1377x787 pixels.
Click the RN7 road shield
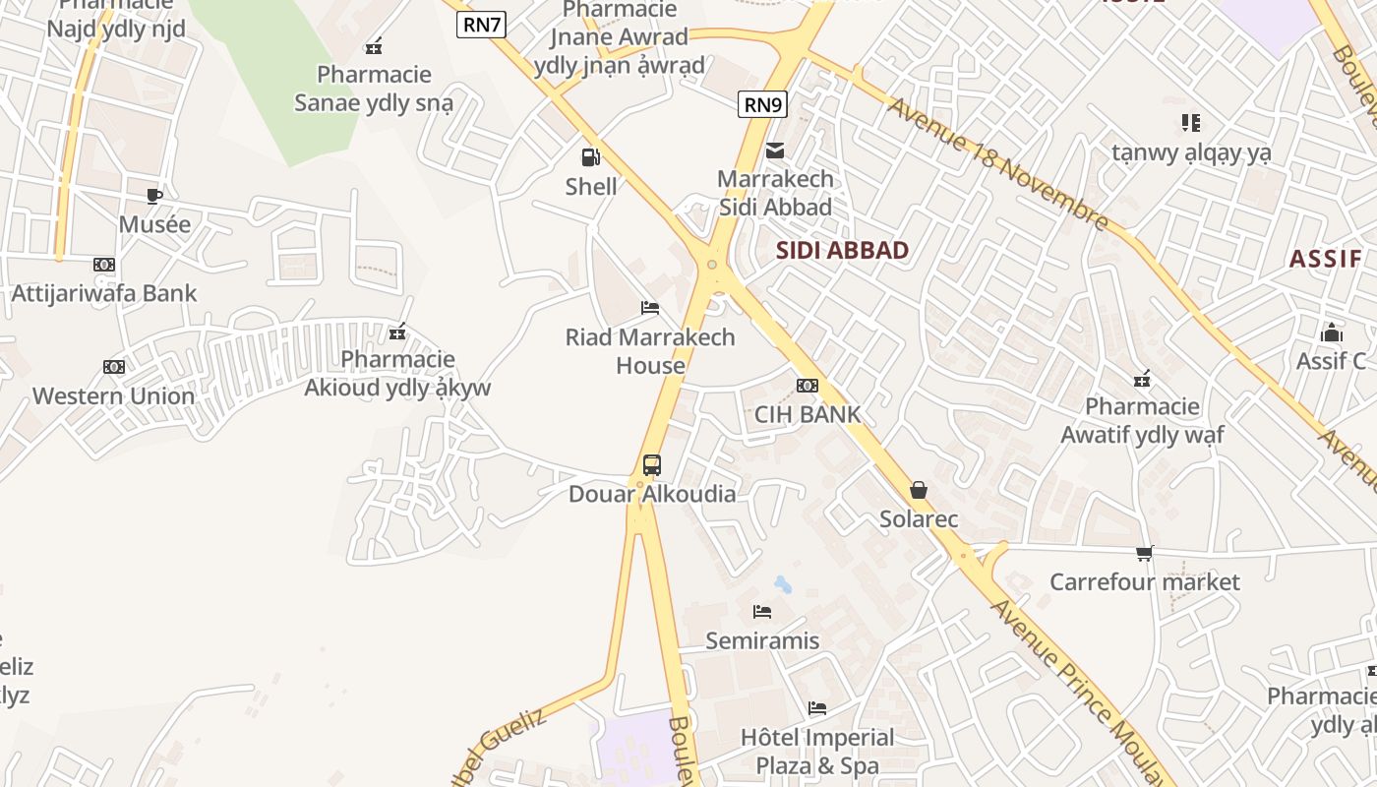(482, 25)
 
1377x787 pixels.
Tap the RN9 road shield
(762, 103)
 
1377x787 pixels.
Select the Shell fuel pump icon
(591, 157)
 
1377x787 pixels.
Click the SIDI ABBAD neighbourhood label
(842, 250)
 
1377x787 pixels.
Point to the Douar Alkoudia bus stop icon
(651, 464)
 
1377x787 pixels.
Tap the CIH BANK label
(808, 414)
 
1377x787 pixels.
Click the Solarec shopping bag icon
(919, 490)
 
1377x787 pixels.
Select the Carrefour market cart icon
(1145, 554)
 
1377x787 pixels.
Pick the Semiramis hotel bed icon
(762, 612)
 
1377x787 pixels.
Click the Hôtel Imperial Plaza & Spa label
(817, 751)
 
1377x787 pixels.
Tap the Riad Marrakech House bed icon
(650, 308)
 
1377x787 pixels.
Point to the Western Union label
(114, 396)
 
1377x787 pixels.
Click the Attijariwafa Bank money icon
(104, 265)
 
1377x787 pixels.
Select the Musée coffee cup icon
(154, 196)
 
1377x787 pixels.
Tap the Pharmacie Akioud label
(397, 374)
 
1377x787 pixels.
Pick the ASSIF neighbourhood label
(1325, 259)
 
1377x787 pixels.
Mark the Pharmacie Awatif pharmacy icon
(1142, 378)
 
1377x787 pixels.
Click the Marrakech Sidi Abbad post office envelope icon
(775, 151)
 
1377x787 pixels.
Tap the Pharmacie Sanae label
(374, 89)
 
